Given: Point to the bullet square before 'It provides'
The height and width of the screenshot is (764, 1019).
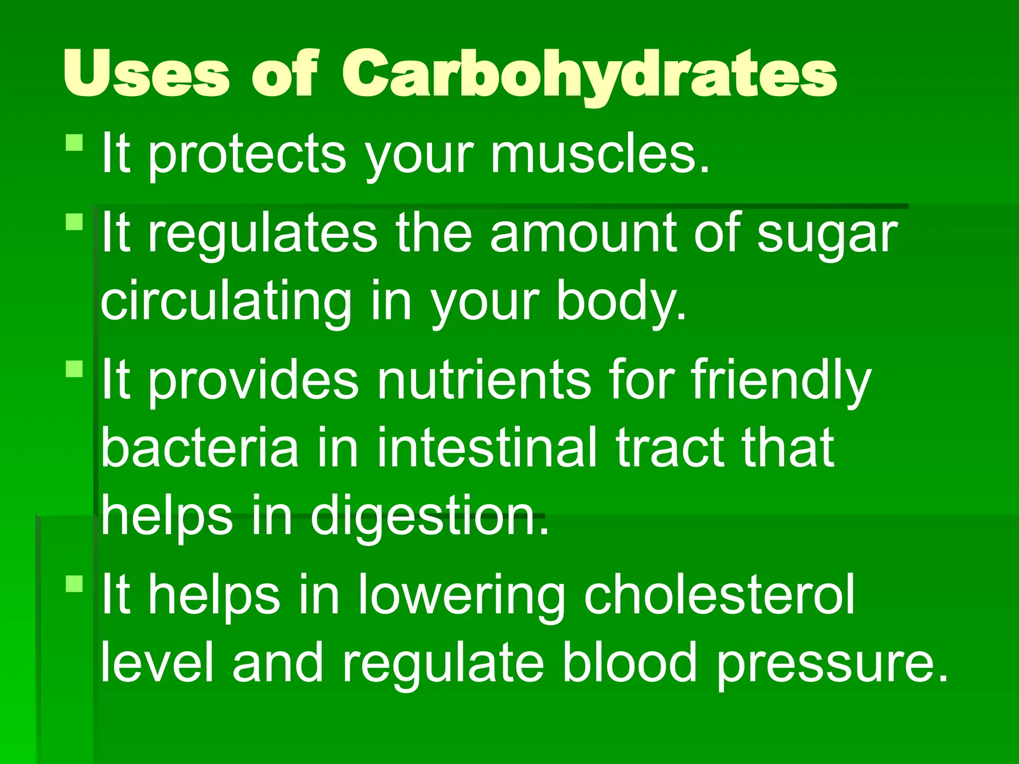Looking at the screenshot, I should point(75,369).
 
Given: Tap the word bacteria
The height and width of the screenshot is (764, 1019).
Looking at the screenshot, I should point(200,448).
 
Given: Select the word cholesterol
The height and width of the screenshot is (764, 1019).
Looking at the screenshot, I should point(719,594).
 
